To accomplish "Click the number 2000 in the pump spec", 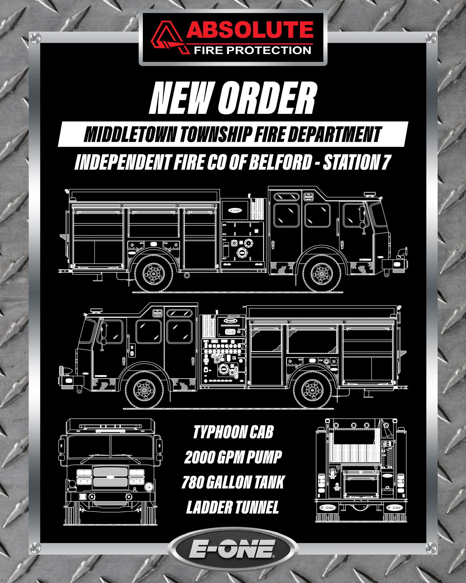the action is coord(201,457).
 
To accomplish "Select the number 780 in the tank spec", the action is coord(193,482).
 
